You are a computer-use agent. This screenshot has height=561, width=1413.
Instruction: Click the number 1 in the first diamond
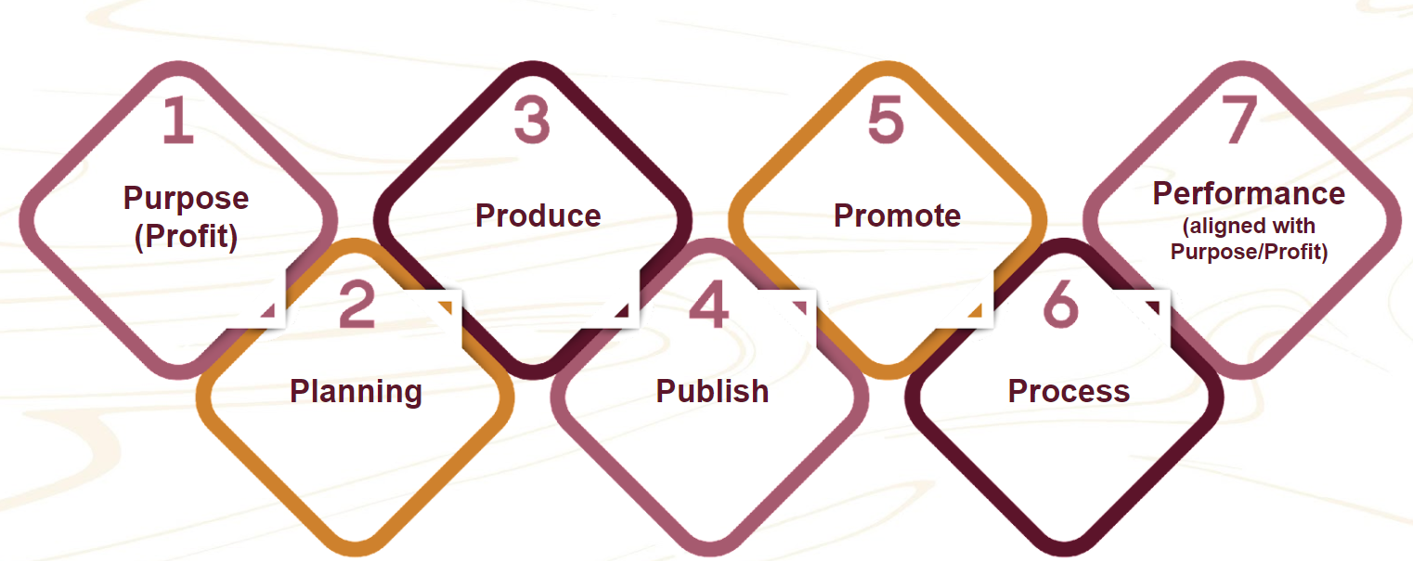tap(177, 122)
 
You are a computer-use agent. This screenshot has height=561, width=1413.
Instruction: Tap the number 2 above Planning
tap(356, 305)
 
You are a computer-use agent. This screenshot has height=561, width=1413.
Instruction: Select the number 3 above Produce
tap(532, 122)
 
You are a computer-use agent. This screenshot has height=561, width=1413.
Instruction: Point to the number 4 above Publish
tap(709, 305)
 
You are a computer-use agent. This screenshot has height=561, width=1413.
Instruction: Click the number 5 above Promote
tap(886, 122)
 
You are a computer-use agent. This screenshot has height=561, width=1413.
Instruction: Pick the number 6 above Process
tap(1061, 305)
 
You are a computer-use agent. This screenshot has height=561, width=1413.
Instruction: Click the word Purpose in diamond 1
tap(186, 198)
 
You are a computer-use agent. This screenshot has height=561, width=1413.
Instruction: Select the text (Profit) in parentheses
tap(186, 237)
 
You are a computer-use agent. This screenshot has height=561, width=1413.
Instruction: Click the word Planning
tap(356, 391)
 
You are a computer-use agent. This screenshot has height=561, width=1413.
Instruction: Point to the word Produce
tap(538, 215)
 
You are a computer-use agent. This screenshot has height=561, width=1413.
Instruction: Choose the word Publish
tap(712, 391)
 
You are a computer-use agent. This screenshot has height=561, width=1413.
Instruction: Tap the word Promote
tap(897, 215)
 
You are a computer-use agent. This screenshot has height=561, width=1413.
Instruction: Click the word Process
tap(1069, 391)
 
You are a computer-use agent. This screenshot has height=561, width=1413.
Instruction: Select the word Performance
tap(1249, 193)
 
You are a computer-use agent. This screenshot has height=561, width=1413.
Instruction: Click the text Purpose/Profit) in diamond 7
tap(1249, 252)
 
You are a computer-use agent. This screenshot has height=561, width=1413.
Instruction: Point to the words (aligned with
tap(1249, 226)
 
